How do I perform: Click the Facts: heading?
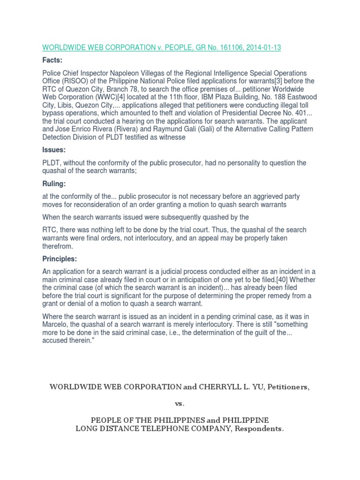52,60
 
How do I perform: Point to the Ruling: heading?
55,184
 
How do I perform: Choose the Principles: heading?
60,259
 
